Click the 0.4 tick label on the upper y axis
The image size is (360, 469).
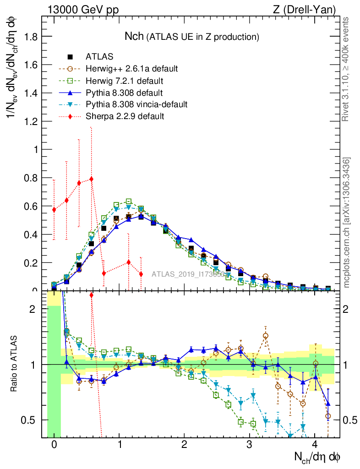tap(30, 234)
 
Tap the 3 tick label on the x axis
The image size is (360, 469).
tap(249, 445)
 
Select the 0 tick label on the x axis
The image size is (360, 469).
tap(54, 445)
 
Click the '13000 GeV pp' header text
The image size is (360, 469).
tap(83, 10)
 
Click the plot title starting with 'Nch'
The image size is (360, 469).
tap(192, 36)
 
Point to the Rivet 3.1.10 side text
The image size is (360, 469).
tap(346, 69)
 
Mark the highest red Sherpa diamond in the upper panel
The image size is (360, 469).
tap(92, 179)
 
